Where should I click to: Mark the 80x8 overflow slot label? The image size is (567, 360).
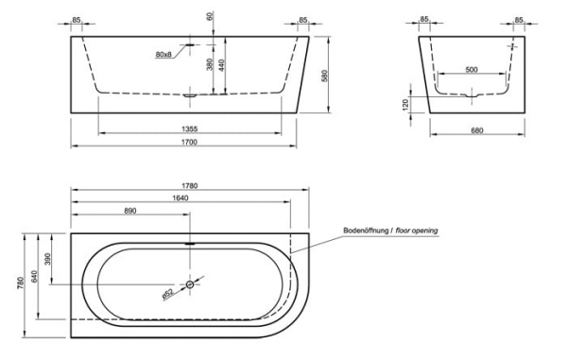click(x=163, y=55)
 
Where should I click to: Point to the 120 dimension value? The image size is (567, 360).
click(x=407, y=104)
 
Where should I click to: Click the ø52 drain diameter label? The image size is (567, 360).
click(x=168, y=292)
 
